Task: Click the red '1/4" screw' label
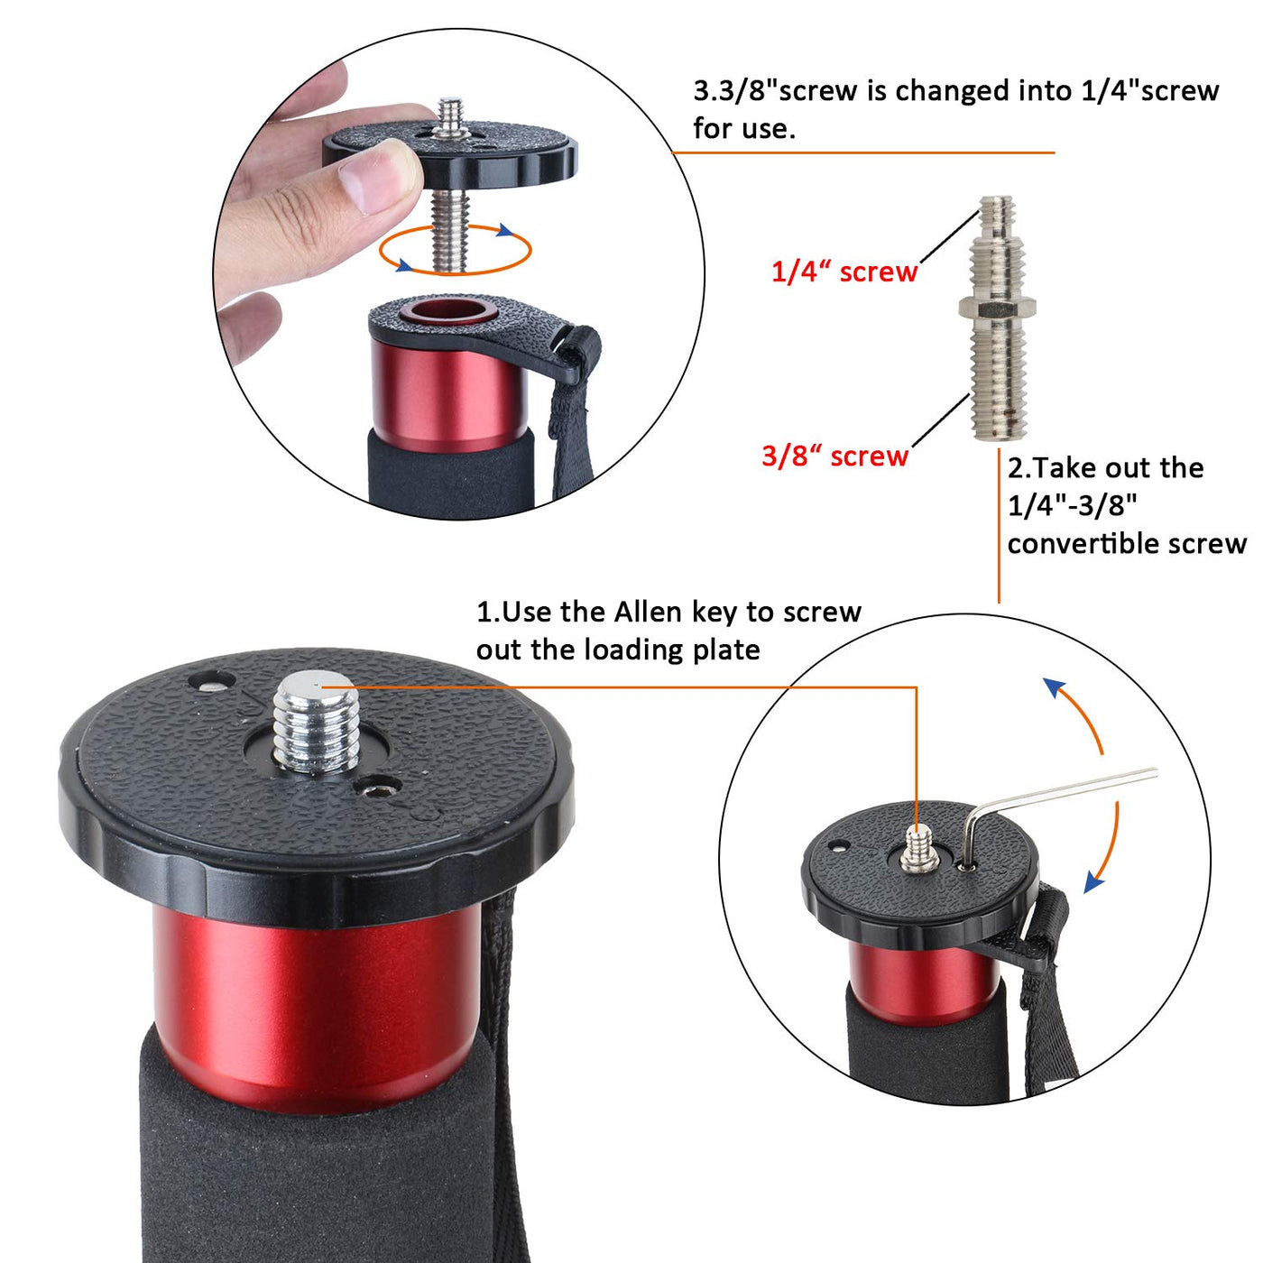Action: pyautogui.click(x=844, y=272)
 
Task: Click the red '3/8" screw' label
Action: pyautogui.click(x=834, y=456)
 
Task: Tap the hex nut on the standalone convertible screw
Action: pyautogui.click(x=996, y=306)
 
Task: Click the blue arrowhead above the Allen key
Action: pyautogui.click(x=1054, y=688)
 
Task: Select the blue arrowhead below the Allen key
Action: pyautogui.click(x=1093, y=883)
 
